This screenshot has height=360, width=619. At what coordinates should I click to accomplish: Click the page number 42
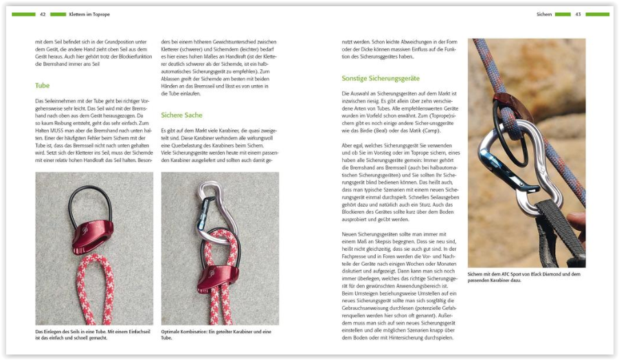pyautogui.click(x=43, y=14)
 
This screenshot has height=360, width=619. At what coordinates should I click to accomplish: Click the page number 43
pyautogui.click(x=578, y=14)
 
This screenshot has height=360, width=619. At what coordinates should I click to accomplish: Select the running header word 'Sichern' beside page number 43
pyautogui.click(x=544, y=14)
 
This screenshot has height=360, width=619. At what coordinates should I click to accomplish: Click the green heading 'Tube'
pyautogui.click(x=43, y=86)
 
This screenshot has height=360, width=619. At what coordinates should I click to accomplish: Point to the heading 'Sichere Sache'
pyautogui.click(x=181, y=115)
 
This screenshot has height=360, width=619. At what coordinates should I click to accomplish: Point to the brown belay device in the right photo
pyautogui.click(x=509, y=103)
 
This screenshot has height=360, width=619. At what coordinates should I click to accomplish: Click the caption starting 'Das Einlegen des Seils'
pyautogui.click(x=93, y=334)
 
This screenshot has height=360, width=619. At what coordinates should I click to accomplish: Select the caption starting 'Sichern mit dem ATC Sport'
pyautogui.click(x=526, y=277)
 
